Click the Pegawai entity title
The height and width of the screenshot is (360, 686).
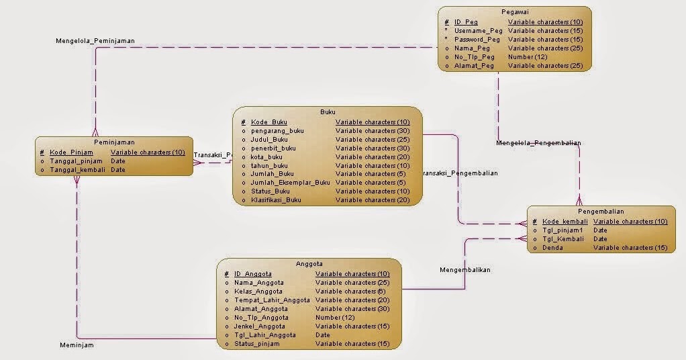click(x=515, y=12)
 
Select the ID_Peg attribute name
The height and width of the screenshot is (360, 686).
click(x=466, y=22)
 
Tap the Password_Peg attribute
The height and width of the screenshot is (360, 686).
click(x=478, y=40)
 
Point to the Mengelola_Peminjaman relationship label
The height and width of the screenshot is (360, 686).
click(x=95, y=41)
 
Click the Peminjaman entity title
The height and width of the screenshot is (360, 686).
click(x=114, y=142)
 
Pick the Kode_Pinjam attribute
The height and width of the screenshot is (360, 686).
click(x=71, y=152)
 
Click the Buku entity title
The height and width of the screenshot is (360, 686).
click(x=328, y=112)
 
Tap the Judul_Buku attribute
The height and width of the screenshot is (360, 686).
click(x=269, y=140)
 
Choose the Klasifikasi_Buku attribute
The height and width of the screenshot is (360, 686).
click(x=276, y=200)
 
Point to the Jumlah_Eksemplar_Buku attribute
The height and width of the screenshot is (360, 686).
click(x=290, y=183)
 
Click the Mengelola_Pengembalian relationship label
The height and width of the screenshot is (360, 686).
click(x=538, y=143)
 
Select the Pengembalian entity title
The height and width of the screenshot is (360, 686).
click(x=601, y=211)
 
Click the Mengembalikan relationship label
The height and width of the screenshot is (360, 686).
click(x=465, y=270)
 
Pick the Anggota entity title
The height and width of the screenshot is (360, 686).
click(x=309, y=264)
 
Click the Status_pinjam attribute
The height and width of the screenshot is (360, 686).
click(x=256, y=344)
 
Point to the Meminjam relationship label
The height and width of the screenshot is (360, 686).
click(x=77, y=345)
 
